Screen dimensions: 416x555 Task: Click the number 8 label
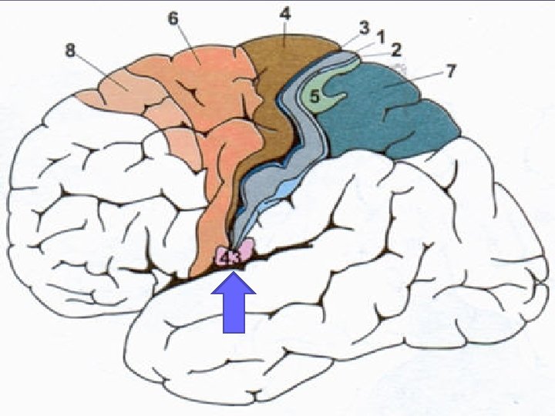coord(70,51)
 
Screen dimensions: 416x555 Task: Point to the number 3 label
coord(364,26)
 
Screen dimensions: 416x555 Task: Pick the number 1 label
coord(381,35)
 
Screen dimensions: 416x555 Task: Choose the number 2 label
coord(395,51)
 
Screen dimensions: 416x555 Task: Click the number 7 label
coord(450,72)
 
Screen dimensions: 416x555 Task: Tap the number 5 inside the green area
coord(314,97)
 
